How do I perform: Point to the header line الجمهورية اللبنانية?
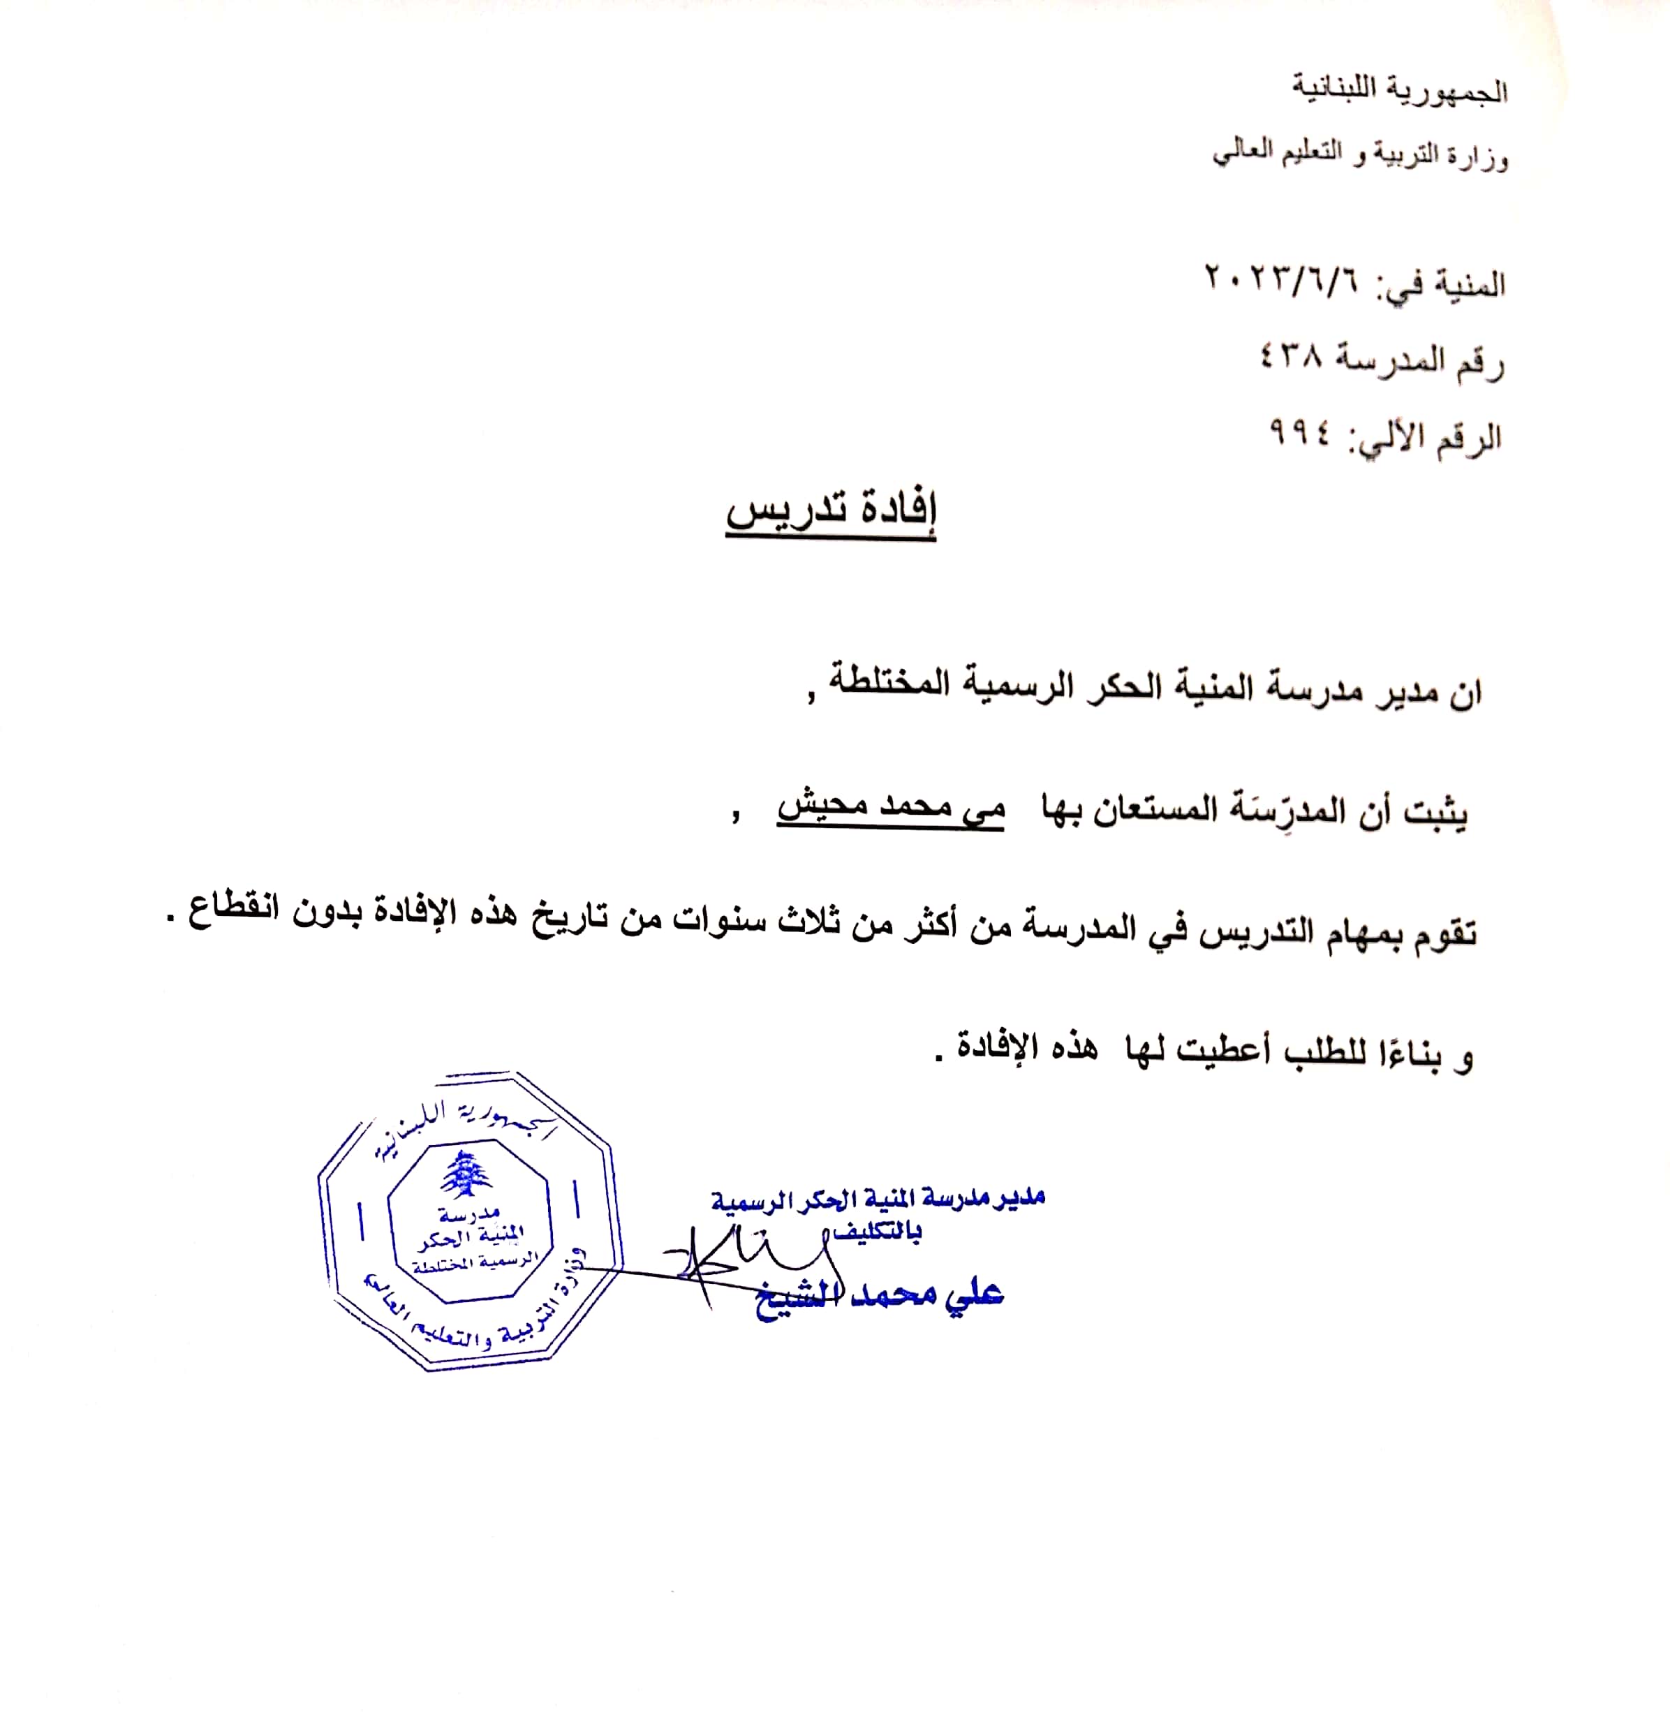click(1400, 90)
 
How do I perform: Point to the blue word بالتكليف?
click(877, 1233)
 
